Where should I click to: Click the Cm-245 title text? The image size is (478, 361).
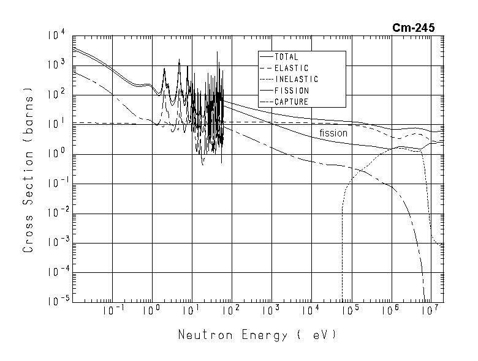414,28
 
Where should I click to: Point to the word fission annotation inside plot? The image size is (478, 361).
333,133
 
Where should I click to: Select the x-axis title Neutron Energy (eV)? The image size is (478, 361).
257,335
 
